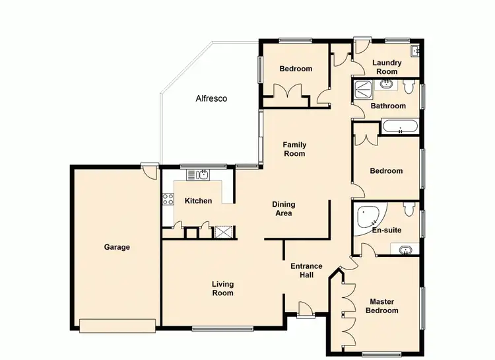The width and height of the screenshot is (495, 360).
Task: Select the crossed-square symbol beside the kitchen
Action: coord(224,232)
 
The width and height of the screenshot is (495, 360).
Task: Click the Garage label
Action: coord(117,248)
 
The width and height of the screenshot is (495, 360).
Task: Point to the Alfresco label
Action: coord(211,98)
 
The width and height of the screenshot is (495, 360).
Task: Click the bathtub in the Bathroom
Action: coord(399,126)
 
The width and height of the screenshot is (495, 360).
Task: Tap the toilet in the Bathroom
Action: coord(409,87)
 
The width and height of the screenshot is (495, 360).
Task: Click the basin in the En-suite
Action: coord(405,250)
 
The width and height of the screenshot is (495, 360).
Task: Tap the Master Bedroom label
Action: coord(383,306)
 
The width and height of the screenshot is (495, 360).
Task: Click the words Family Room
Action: coord(294,149)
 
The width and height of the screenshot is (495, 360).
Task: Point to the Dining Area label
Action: coord(283,209)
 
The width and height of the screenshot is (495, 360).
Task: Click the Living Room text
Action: coord(223,289)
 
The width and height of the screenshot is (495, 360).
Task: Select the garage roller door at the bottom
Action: coord(117,324)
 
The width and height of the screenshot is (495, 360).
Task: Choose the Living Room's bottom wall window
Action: coord(222,328)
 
